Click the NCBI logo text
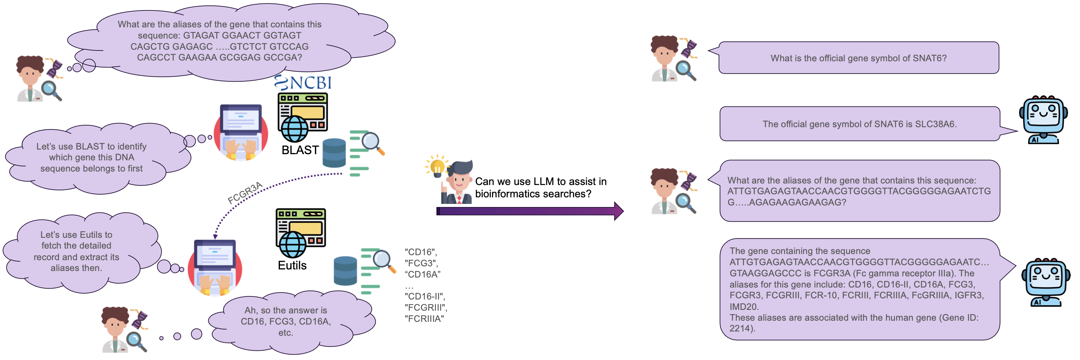click(x=310, y=83)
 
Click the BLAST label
click(x=300, y=150)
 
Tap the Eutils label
click(x=292, y=265)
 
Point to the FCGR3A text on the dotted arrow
click(x=245, y=193)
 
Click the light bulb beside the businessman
click(x=436, y=165)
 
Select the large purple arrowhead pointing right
click(x=618, y=211)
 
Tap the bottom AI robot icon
click(x=1045, y=281)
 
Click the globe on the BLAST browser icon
click(x=295, y=128)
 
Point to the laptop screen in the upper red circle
click(x=241, y=119)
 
